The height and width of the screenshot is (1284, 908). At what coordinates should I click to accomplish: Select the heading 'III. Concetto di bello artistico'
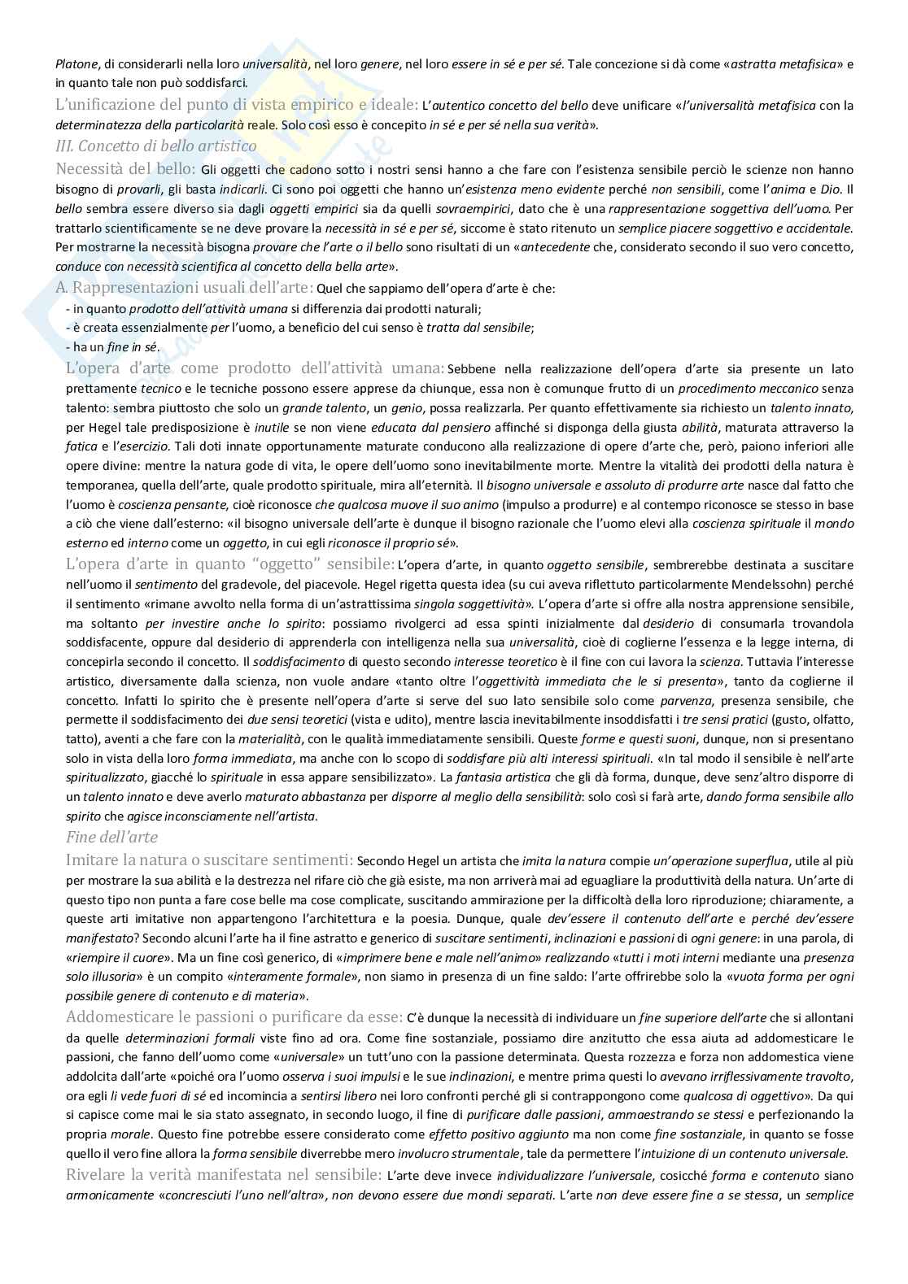pos(155,146)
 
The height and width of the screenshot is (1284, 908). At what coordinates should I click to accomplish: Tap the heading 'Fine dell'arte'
pos(111,837)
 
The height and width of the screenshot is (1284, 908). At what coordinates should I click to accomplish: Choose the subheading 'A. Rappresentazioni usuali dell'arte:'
pos(183,287)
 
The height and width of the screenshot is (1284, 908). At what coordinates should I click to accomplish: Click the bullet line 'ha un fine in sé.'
pos(113,348)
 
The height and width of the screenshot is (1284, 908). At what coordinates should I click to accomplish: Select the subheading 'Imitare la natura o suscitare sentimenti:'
pos(209,859)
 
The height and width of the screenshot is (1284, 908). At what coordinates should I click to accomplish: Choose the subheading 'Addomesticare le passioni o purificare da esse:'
pos(234,1017)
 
